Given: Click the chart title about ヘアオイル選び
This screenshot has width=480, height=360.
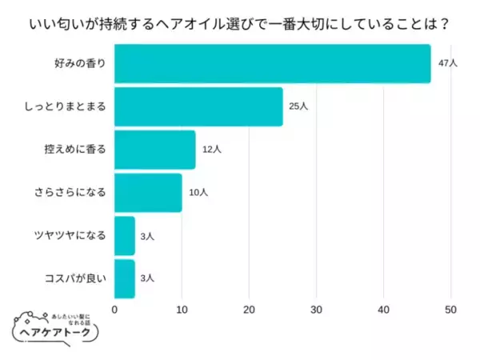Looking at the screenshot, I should tap(240, 22).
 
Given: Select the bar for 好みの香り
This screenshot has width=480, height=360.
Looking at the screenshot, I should tap(272, 63).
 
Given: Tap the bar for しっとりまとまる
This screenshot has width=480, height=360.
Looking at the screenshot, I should tap(198, 106).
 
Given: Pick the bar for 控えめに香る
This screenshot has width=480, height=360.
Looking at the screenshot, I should tap(154, 150).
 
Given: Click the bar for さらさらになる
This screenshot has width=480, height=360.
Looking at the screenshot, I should tap(148, 193).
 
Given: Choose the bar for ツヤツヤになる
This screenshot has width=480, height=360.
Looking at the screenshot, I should tap(125, 236).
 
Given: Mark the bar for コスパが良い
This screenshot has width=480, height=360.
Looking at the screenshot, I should tap(125, 278).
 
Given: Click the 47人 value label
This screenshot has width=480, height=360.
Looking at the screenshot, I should tap(447, 63).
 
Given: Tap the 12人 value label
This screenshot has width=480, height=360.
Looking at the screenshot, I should tap(211, 150).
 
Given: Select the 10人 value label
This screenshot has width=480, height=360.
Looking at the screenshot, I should tap(198, 193).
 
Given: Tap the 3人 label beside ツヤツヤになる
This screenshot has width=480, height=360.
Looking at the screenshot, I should tap(148, 236).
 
